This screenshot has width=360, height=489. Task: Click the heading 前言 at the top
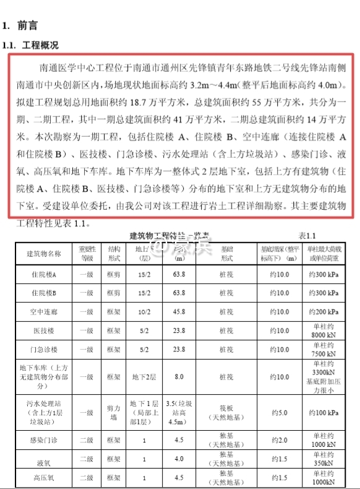point(28,26)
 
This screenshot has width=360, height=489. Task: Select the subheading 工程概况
point(40,45)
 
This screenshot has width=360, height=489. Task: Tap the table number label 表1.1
point(307,236)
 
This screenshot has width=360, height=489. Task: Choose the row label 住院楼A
point(44,274)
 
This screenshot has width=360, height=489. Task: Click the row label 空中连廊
point(44,311)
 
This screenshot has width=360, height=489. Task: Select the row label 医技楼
point(44,331)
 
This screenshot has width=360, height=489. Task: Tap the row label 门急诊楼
point(44,350)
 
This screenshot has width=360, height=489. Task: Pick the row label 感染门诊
point(44,440)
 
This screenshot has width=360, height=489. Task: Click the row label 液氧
point(44,460)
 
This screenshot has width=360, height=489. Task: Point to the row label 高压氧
point(44,478)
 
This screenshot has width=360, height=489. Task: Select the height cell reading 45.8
point(179,311)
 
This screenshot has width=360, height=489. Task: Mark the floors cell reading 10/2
point(144,311)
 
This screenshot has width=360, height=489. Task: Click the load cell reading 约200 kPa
point(324,311)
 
